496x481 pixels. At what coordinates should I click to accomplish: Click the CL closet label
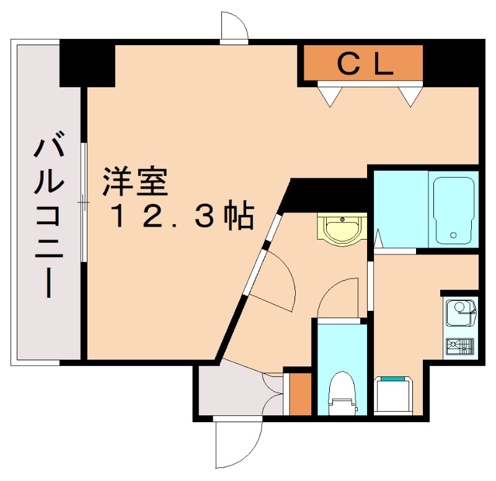click(365, 63)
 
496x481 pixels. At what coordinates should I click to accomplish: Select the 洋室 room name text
click(135, 181)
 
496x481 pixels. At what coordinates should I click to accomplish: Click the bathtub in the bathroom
click(454, 210)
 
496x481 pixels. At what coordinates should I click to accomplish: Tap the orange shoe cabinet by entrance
click(300, 394)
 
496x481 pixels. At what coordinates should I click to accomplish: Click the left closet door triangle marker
click(330, 95)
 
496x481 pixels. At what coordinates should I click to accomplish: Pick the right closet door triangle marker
click(410, 95)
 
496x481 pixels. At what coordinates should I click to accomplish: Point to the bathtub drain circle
click(454, 235)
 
